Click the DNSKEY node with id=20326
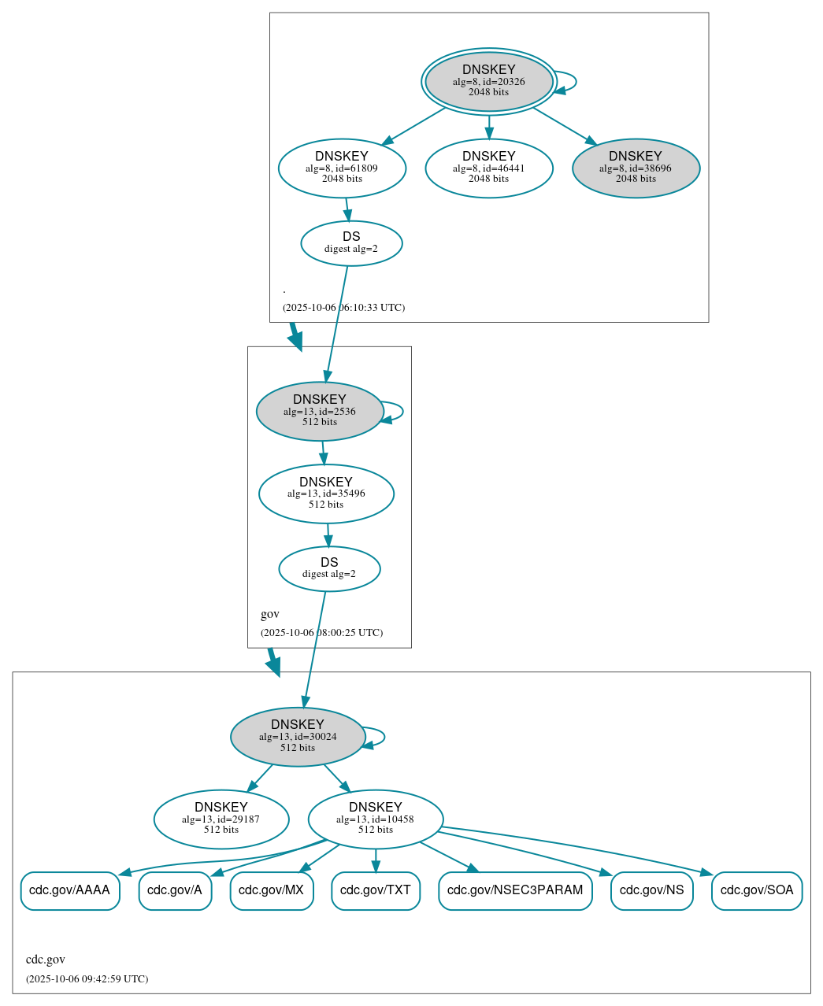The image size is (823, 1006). tap(488, 81)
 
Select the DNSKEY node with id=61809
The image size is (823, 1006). tap(342, 168)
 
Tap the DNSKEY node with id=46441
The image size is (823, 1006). tap(488, 168)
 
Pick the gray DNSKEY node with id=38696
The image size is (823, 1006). tap(636, 168)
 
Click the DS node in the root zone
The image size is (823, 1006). tap(351, 243)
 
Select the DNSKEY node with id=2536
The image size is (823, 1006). tap(320, 411)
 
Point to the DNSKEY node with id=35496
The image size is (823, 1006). tap(326, 494)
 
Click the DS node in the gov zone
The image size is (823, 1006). tap(329, 568)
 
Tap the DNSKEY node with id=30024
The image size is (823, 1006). tap(298, 737)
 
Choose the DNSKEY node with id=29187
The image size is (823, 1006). tap(221, 819)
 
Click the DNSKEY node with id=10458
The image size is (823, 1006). tap(376, 819)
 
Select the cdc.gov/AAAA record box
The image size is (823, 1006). tap(70, 890)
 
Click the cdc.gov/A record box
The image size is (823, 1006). tap(175, 890)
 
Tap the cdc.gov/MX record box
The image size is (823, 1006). tap(272, 890)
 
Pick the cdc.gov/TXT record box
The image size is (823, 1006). tap(376, 890)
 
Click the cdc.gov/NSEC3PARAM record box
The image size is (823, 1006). tap(515, 890)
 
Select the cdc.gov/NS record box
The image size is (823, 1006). tap(651, 890)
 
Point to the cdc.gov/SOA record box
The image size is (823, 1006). tap(757, 890)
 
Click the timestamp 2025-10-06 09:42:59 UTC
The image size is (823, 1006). tap(87, 979)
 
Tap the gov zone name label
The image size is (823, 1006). tap(270, 614)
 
